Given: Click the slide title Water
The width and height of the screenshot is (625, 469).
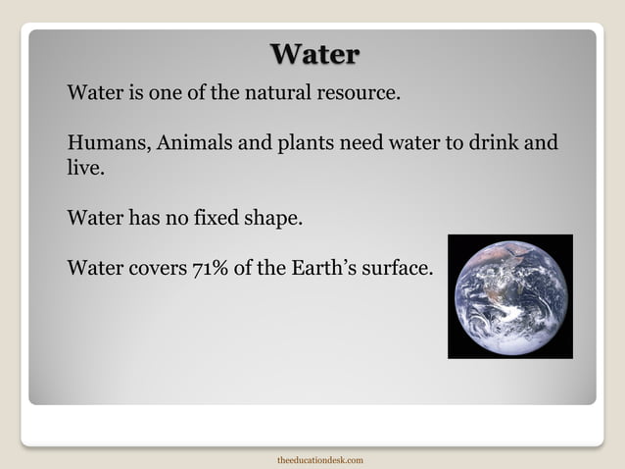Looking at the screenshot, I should pyautogui.click(x=313, y=54).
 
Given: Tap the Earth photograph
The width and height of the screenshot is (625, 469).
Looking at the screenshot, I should pyautogui.click(x=509, y=296).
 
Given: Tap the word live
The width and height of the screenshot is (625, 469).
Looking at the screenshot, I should pyautogui.click(x=82, y=168).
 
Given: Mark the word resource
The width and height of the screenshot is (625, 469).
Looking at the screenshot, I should pyautogui.click(x=359, y=96).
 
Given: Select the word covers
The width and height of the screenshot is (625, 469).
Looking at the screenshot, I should pyautogui.click(x=150, y=266).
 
